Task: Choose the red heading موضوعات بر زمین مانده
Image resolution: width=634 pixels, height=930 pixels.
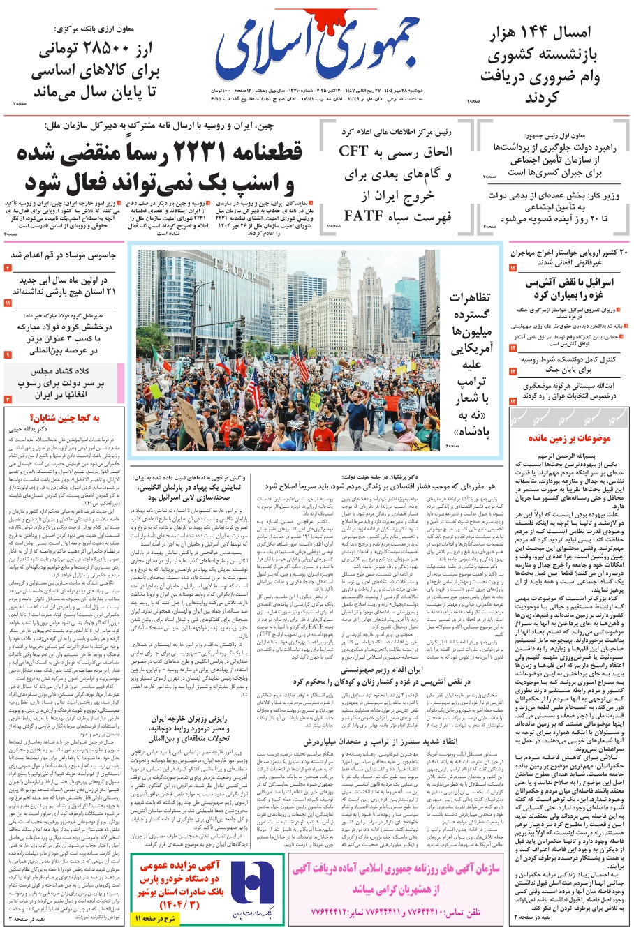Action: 569,438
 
